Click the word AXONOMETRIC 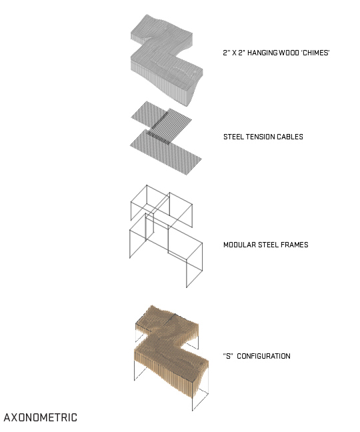41,417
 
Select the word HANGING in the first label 262,53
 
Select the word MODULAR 239,245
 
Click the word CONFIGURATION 263,356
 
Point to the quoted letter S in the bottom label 228,356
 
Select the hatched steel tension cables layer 165,138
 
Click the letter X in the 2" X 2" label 235,53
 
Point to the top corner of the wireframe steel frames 147,185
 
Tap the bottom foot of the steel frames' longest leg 187,287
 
